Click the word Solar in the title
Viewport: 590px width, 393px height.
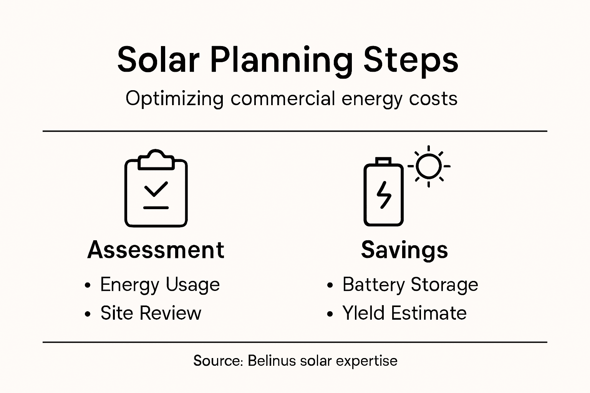point(158,60)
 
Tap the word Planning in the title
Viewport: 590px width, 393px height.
point(281,60)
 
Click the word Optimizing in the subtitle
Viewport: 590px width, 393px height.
point(174,99)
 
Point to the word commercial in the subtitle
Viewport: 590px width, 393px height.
point(283,99)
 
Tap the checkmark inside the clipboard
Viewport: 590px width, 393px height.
point(156,189)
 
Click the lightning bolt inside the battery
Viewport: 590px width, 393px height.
point(383,195)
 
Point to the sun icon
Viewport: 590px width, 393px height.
point(429,167)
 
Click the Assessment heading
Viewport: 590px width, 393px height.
point(156,250)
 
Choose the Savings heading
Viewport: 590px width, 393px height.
point(404,250)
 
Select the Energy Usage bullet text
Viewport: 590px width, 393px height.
point(160,285)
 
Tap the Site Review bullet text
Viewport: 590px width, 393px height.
point(151,313)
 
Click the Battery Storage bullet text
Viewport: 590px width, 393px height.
point(410,285)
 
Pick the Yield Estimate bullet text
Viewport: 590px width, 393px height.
point(404,313)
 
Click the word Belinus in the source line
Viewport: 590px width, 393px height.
point(272,361)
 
